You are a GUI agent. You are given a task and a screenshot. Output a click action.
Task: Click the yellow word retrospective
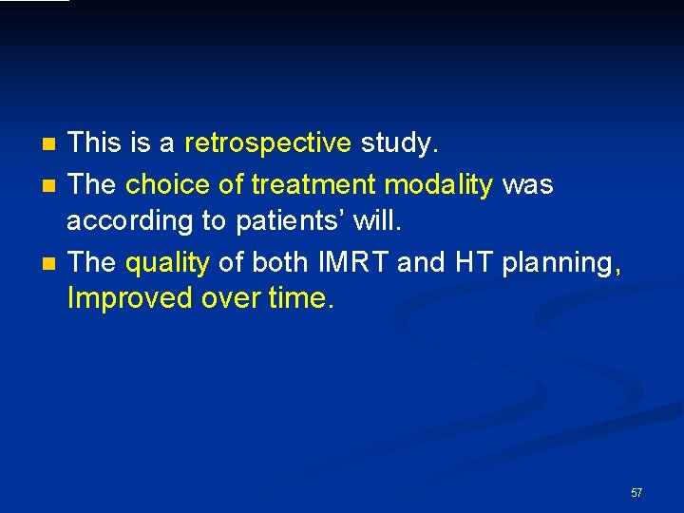(x=268, y=143)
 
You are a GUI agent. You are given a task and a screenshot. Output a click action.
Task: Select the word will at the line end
(x=377, y=222)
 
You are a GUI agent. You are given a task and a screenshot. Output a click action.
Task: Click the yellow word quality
(x=167, y=261)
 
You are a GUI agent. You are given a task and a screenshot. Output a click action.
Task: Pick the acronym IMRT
(x=352, y=261)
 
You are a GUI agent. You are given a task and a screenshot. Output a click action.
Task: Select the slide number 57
(x=636, y=493)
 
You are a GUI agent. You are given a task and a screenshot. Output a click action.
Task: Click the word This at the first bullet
(x=93, y=143)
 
